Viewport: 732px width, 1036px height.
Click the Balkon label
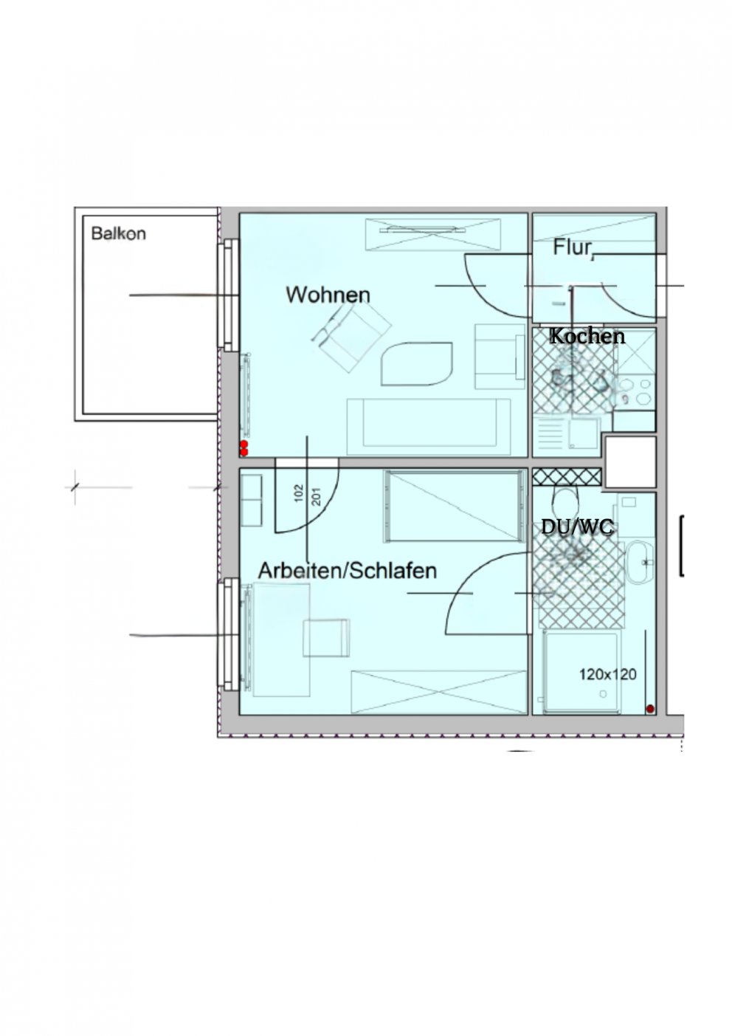pyautogui.click(x=118, y=233)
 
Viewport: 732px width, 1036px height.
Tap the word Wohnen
pyautogui.click(x=328, y=295)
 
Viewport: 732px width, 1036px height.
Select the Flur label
pyautogui.click(x=573, y=248)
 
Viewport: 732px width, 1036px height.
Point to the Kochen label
pyautogui.click(x=587, y=336)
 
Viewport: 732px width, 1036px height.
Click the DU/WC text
pyautogui.click(x=577, y=526)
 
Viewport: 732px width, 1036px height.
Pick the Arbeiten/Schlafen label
pyautogui.click(x=348, y=571)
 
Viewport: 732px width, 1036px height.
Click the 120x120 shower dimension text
pyautogui.click(x=608, y=675)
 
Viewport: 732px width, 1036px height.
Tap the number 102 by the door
pyautogui.click(x=298, y=493)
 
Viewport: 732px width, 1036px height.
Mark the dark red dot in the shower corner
pyautogui.click(x=650, y=709)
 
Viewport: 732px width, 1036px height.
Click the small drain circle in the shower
pyautogui.click(x=603, y=694)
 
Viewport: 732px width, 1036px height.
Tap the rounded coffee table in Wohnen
pyautogui.click(x=417, y=363)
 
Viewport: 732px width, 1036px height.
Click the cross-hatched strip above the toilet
pyautogui.click(x=567, y=476)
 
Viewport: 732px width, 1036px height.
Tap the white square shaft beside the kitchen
pyautogui.click(x=630, y=462)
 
